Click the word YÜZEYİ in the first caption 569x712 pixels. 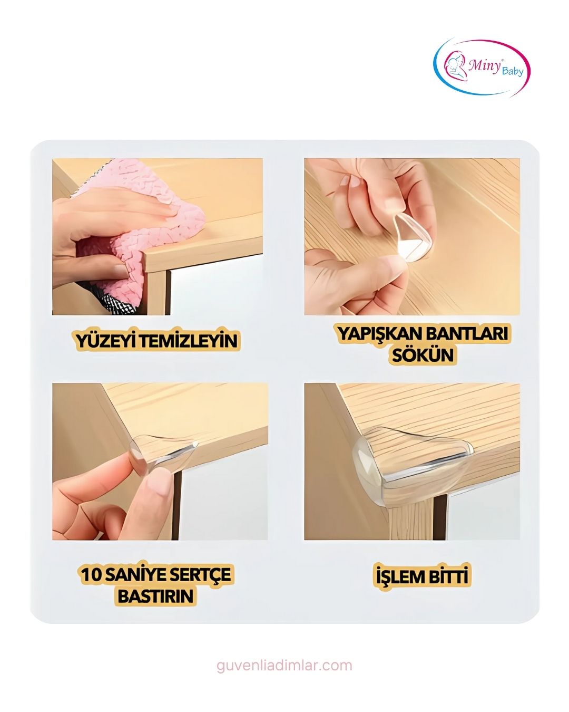pyautogui.click(x=106, y=341)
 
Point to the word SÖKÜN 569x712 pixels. pyautogui.click(x=422, y=355)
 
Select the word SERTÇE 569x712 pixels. pyautogui.click(x=201, y=574)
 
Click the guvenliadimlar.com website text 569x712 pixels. pyautogui.click(x=284, y=666)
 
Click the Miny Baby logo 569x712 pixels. pyautogui.click(x=481, y=68)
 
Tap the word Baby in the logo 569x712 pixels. pyautogui.click(x=512, y=71)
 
